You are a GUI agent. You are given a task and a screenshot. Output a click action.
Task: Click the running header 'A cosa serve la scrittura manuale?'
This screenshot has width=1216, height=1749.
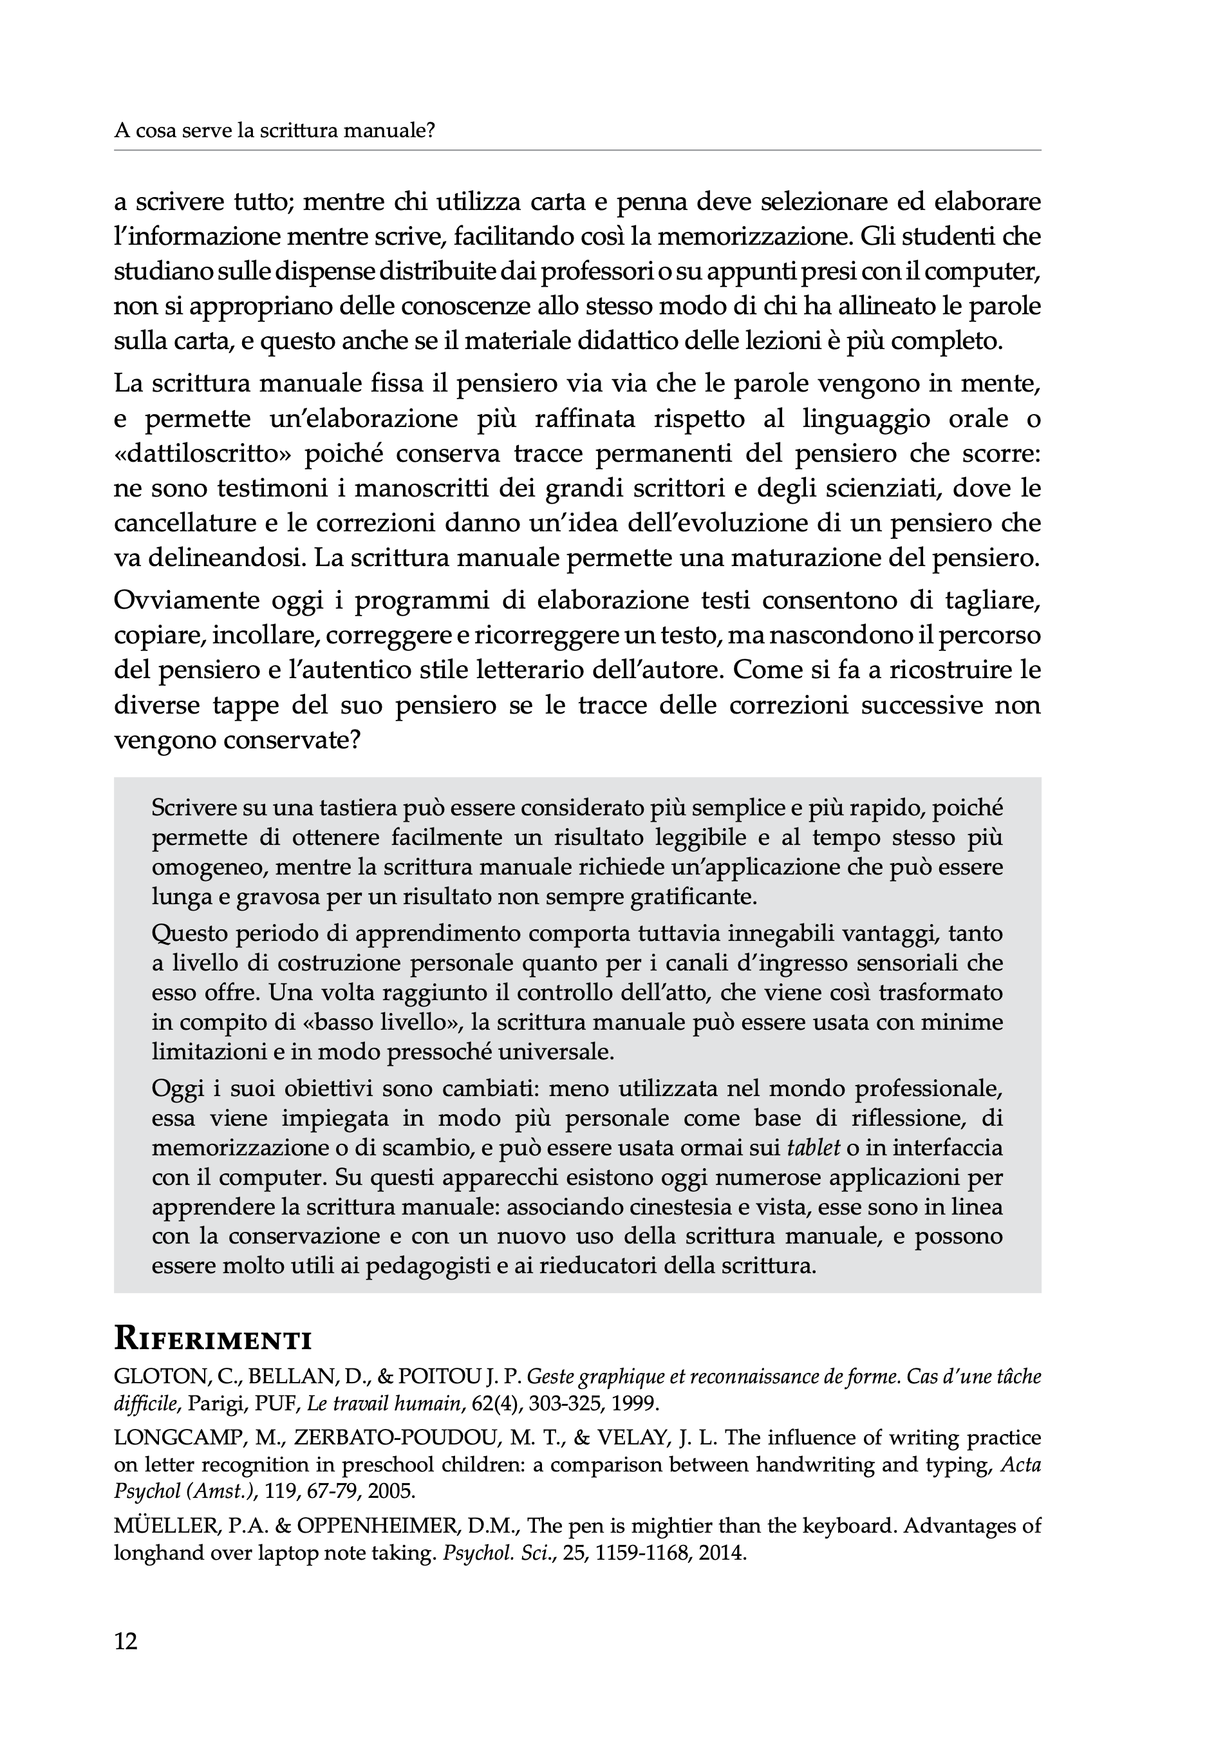pos(274,131)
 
